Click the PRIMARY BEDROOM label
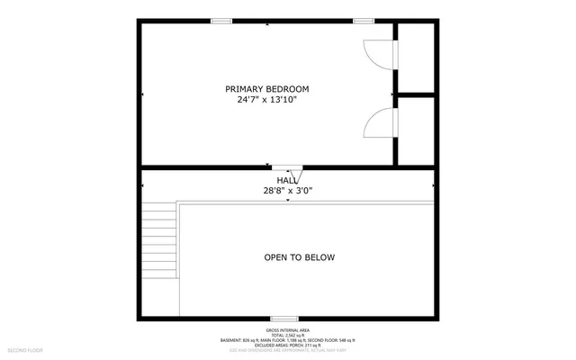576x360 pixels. tap(267, 88)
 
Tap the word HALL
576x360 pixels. tap(288, 180)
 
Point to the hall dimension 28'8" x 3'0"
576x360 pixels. tap(288, 190)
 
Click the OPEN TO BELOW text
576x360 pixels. tap(299, 257)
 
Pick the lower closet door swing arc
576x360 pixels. tap(377, 123)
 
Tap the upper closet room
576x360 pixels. tap(416, 57)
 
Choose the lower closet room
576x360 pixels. tap(416, 130)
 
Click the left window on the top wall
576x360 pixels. tap(221, 21)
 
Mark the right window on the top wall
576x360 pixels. tap(364, 21)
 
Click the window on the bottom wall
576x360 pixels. tap(284, 319)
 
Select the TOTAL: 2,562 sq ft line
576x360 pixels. tap(288, 334)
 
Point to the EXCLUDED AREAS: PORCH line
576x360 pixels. tap(288, 345)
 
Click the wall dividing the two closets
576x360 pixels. tap(416, 93)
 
